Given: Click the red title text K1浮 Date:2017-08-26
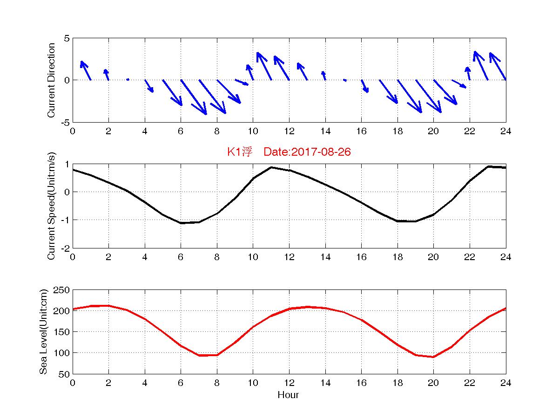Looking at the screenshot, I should pyautogui.click(x=289, y=152).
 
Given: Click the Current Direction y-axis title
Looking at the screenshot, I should pyautogui.click(x=52, y=80).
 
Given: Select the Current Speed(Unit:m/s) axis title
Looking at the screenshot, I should pyautogui.click(x=52, y=206).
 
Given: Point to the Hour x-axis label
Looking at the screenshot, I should pyautogui.click(x=288, y=395).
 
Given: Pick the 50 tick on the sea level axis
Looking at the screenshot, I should pyautogui.click(x=65, y=374).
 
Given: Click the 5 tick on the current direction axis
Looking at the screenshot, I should pyautogui.click(x=67, y=38).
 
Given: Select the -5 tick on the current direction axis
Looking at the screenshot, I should pyautogui.click(x=65, y=122).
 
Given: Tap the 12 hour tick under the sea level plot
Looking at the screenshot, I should pyautogui.click(x=289, y=383).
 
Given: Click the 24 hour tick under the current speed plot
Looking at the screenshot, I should pyautogui.click(x=505, y=257).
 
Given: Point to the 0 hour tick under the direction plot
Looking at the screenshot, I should pyautogui.click(x=73, y=131).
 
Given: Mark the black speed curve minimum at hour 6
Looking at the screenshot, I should pyautogui.click(x=181, y=223).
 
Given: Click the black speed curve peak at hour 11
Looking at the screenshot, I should pyautogui.click(x=271, y=167).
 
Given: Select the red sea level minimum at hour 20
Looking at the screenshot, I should pyautogui.click(x=433, y=357).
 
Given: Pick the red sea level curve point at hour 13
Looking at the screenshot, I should pyautogui.click(x=307, y=307).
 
